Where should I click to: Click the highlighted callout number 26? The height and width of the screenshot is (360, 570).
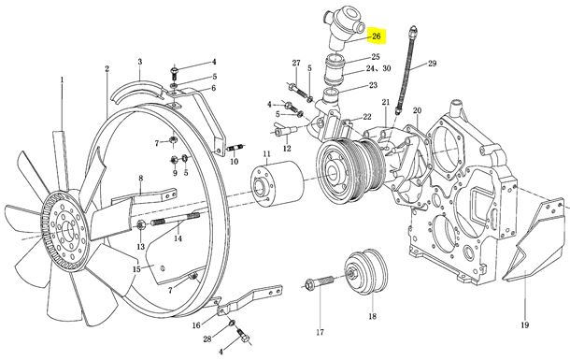376,36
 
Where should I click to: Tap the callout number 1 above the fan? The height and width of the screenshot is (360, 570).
62,79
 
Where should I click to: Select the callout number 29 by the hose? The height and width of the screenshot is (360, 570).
432,64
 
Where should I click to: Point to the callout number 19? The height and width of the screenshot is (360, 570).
524,325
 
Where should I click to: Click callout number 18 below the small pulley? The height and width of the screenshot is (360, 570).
372,316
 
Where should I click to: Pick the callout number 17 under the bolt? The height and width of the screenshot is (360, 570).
320,332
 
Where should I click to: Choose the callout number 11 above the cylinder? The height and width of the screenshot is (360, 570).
267,153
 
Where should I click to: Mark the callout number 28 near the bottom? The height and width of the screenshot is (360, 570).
207,338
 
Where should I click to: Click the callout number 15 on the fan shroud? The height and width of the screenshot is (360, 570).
136,269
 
